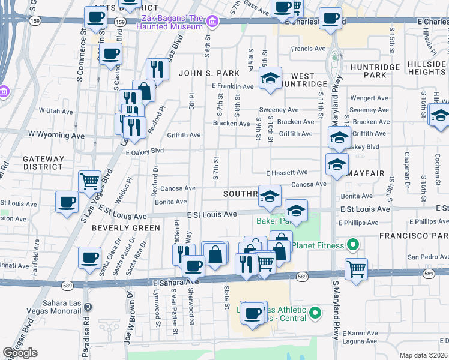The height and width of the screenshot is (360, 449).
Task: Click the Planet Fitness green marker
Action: pos(353,245)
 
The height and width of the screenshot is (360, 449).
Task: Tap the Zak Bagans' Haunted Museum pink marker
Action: pos(211,22)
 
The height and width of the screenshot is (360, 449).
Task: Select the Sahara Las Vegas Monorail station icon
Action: pos(89,305)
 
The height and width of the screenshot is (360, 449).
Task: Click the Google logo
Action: pos(20,353)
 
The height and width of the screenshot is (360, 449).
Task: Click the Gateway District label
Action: pos(43,163)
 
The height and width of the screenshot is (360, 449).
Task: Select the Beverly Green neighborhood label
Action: pos(126,228)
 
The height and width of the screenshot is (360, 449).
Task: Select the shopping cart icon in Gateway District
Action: pos(89,181)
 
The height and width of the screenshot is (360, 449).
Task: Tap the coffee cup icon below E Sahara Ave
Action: pos(253,312)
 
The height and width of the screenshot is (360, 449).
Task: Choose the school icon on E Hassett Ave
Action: pos(337,163)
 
